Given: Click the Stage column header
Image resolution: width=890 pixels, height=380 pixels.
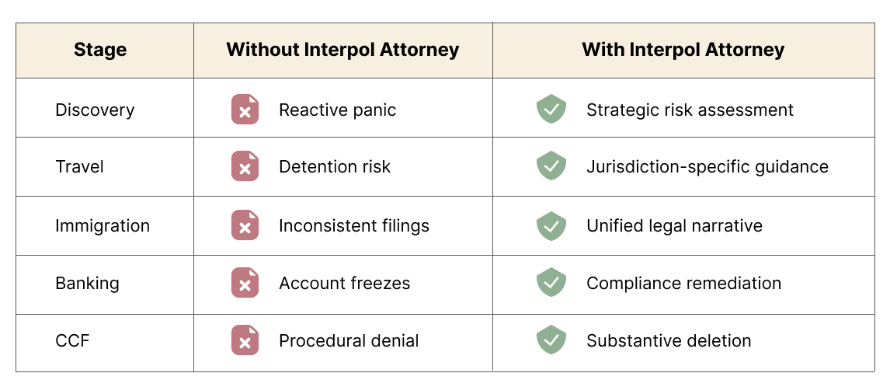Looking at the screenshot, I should click(x=100, y=51).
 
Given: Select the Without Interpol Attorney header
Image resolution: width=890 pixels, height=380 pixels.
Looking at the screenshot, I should click(x=342, y=51).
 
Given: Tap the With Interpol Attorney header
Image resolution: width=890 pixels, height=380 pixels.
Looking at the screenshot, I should click(x=683, y=51).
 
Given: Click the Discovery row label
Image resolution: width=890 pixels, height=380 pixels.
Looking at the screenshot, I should click(x=95, y=110).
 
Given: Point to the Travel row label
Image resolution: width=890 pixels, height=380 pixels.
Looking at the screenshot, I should click(x=79, y=167).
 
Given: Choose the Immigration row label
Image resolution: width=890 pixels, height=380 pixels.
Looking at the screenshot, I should click(x=103, y=226).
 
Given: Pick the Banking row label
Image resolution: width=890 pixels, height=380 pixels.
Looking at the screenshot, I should click(x=87, y=283).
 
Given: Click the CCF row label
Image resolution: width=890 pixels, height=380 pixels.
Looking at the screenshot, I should click(x=72, y=340).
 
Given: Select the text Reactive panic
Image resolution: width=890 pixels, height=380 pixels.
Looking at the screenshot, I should click(x=337, y=110).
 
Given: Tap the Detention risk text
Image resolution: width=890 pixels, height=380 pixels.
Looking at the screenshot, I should click(x=335, y=167).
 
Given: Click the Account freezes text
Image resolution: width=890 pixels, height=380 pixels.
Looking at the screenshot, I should click(x=344, y=283).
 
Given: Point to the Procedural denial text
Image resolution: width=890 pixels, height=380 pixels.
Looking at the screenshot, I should click(x=349, y=340).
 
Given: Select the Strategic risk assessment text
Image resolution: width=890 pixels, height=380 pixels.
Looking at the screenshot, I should click(x=690, y=110).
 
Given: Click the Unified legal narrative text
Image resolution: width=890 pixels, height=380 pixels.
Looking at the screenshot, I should click(x=674, y=226).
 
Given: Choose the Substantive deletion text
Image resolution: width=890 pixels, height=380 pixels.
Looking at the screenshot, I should click(x=669, y=340).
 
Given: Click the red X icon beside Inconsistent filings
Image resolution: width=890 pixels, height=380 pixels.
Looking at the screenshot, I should click(x=245, y=225).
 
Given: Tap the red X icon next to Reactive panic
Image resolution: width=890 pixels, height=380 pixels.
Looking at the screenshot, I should click(x=245, y=110).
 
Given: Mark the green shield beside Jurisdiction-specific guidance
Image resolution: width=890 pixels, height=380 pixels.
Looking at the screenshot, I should click(x=551, y=166).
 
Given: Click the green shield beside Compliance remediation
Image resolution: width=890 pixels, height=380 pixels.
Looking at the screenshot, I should click(x=551, y=282).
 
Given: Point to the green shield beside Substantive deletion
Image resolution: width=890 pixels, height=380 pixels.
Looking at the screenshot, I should click(x=551, y=340).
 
